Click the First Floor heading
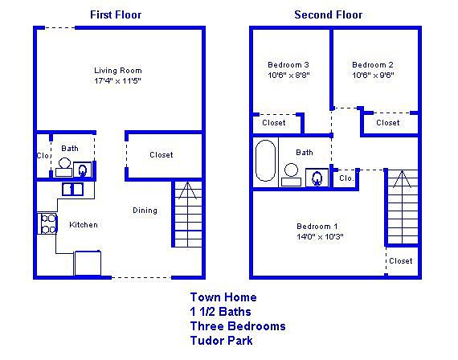[116, 14]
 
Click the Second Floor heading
[329, 14]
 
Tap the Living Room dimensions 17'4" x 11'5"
[117, 80]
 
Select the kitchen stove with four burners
[47, 223]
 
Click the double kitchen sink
[73, 190]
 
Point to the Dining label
[145, 211]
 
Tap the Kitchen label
[84, 225]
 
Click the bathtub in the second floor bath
[265, 161]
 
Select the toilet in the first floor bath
[83, 170]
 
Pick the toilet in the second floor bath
[317, 178]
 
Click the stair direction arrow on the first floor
[187, 190]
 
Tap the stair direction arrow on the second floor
[403, 179]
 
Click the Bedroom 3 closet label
[274, 123]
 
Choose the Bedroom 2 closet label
[388, 123]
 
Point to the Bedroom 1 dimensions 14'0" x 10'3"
[320, 237]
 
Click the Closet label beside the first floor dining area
[162, 155]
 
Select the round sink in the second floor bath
[291, 170]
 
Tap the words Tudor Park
[222, 341]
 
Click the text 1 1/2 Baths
[220, 312]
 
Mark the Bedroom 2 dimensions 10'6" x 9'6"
[373, 75]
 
